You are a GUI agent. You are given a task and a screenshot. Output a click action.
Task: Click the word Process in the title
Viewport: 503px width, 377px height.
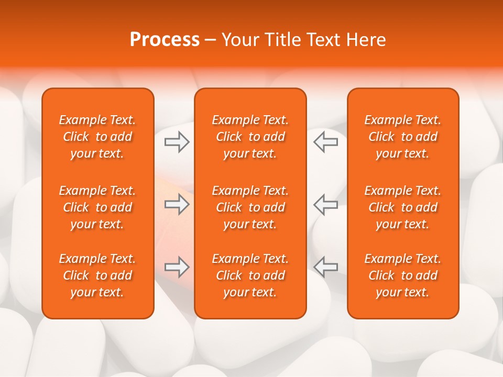click(165, 40)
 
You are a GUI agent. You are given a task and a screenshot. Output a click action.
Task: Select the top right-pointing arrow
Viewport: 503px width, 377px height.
click(177, 141)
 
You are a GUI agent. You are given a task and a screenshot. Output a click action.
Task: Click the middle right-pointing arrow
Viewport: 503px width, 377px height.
click(177, 204)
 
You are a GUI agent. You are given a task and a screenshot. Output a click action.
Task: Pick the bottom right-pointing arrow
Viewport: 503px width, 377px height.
click(177, 267)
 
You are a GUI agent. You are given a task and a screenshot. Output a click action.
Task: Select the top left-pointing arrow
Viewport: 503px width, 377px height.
click(325, 141)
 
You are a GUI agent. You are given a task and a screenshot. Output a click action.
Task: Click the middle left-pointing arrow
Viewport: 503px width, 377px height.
click(325, 204)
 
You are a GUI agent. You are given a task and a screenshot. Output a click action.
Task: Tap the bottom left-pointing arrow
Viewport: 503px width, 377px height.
click(325, 267)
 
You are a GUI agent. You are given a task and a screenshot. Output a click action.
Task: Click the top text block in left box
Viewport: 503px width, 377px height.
click(97, 137)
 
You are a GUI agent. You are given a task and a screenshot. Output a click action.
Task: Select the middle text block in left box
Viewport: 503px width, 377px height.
click(97, 207)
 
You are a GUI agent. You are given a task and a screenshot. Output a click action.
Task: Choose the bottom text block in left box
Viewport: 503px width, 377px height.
click(97, 275)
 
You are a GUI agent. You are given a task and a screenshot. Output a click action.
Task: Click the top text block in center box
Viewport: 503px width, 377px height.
click(250, 137)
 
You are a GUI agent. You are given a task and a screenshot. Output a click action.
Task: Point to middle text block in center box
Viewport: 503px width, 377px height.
click(250, 207)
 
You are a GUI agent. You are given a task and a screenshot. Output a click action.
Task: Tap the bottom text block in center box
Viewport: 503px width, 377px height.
click(250, 275)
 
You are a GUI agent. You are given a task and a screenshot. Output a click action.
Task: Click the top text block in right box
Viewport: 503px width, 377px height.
click(403, 137)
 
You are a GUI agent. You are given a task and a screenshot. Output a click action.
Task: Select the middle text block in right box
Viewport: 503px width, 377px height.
click(403, 207)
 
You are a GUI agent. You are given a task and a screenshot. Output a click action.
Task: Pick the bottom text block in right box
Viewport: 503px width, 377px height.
click(403, 275)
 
